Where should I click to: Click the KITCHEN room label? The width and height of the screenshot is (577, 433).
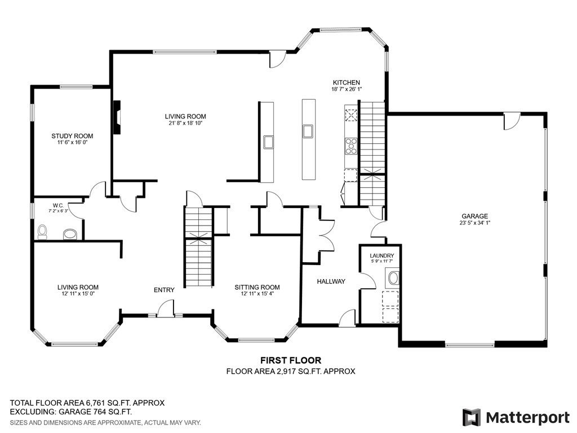click(x=347, y=82)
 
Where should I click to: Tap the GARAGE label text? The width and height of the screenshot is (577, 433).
click(x=474, y=216)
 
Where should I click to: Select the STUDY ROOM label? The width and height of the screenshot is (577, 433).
click(x=72, y=136)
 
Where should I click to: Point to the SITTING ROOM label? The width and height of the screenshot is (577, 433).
click(x=257, y=287)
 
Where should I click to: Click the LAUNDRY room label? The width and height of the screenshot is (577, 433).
click(x=382, y=255)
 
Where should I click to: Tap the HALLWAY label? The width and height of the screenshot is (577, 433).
click(x=331, y=281)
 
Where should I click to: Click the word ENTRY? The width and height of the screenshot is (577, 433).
click(x=164, y=290)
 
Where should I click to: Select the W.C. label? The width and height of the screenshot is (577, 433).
click(x=58, y=205)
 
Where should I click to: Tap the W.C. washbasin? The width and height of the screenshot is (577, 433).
click(x=70, y=234)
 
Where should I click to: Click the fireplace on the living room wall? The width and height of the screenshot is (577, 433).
click(x=117, y=117)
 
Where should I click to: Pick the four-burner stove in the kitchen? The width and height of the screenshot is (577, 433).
click(x=350, y=146)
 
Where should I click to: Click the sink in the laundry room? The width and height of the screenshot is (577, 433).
click(x=393, y=278)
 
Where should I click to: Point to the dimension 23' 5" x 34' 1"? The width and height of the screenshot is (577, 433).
click(x=474, y=223)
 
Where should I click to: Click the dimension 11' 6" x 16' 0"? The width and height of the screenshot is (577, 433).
click(x=72, y=142)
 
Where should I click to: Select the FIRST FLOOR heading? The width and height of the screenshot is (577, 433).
click(x=291, y=360)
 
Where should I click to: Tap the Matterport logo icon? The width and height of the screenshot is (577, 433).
click(x=472, y=417)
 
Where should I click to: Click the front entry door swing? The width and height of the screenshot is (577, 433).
click(x=166, y=308)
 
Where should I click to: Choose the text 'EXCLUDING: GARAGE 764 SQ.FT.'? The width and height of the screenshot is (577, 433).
click(x=70, y=412)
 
